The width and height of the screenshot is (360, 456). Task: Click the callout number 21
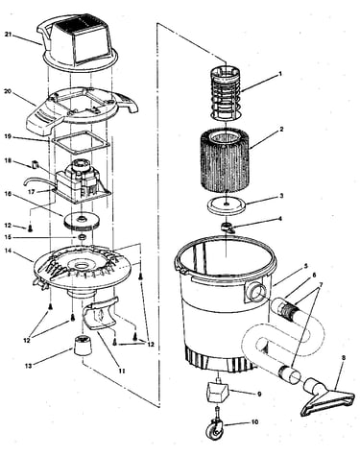click(9, 34)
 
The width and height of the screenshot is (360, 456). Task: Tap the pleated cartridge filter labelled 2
click(225, 161)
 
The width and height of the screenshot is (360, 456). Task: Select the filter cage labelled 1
click(226, 94)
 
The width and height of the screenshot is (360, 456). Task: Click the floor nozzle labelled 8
click(327, 396)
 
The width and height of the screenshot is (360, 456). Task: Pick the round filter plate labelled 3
click(226, 205)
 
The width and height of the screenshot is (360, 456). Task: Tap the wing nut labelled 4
click(228, 228)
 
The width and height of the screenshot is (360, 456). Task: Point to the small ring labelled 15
click(83, 238)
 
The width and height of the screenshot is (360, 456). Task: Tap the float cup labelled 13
click(83, 345)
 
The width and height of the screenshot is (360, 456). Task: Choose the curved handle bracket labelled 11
click(99, 314)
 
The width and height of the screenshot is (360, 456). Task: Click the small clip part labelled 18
click(36, 165)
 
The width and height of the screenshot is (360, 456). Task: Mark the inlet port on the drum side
click(255, 293)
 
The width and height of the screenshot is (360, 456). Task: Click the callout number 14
click(9, 252)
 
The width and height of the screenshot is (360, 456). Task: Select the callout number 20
click(8, 91)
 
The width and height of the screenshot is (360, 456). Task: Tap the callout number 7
click(320, 283)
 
